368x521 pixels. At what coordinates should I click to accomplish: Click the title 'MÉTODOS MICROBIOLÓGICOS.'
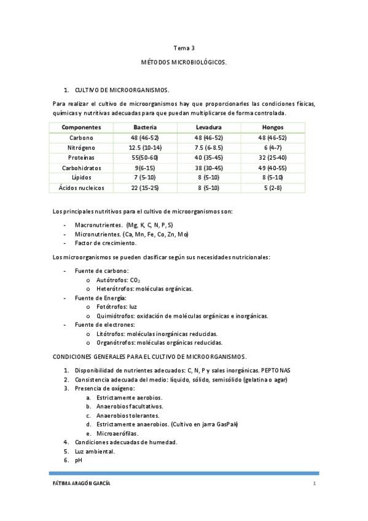184,63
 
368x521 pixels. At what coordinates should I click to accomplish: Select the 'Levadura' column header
208,127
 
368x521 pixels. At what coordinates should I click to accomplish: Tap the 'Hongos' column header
272,127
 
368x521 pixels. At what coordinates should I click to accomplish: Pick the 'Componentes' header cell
81,127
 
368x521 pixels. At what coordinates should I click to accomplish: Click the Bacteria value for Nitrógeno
145,147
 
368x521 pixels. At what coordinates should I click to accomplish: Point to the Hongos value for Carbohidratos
272,168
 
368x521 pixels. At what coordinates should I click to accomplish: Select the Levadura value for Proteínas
208,157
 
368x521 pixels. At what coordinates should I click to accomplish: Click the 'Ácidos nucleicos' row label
81,187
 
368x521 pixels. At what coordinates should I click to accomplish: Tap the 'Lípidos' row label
81,178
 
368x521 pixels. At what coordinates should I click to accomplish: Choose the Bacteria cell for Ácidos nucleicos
145,187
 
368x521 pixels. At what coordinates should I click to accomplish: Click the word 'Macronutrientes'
99,225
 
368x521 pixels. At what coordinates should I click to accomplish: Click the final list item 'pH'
79,460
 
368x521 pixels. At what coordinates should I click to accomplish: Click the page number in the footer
314,484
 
